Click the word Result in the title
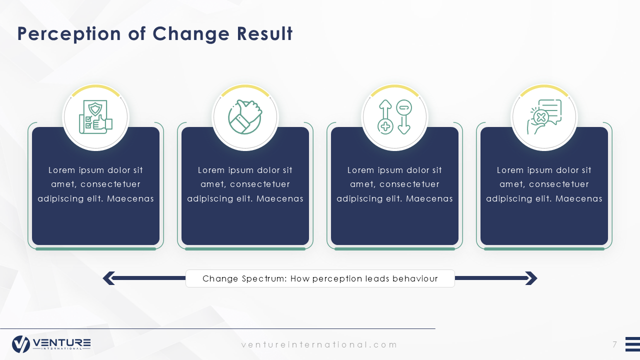(264, 33)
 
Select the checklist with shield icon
(95, 116)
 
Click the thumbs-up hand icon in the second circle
(245, 116)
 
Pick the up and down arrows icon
(394, 117)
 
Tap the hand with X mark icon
(544, 116)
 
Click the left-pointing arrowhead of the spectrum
(109, 278)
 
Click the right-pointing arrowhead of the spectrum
(531, 278)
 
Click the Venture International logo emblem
(21, 344)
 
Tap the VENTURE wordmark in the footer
(61, 342)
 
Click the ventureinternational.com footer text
(319, 345)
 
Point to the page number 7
(614, 344)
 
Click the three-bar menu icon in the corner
(632, 344)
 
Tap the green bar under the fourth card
(544, 249)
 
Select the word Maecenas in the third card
(429, 198)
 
